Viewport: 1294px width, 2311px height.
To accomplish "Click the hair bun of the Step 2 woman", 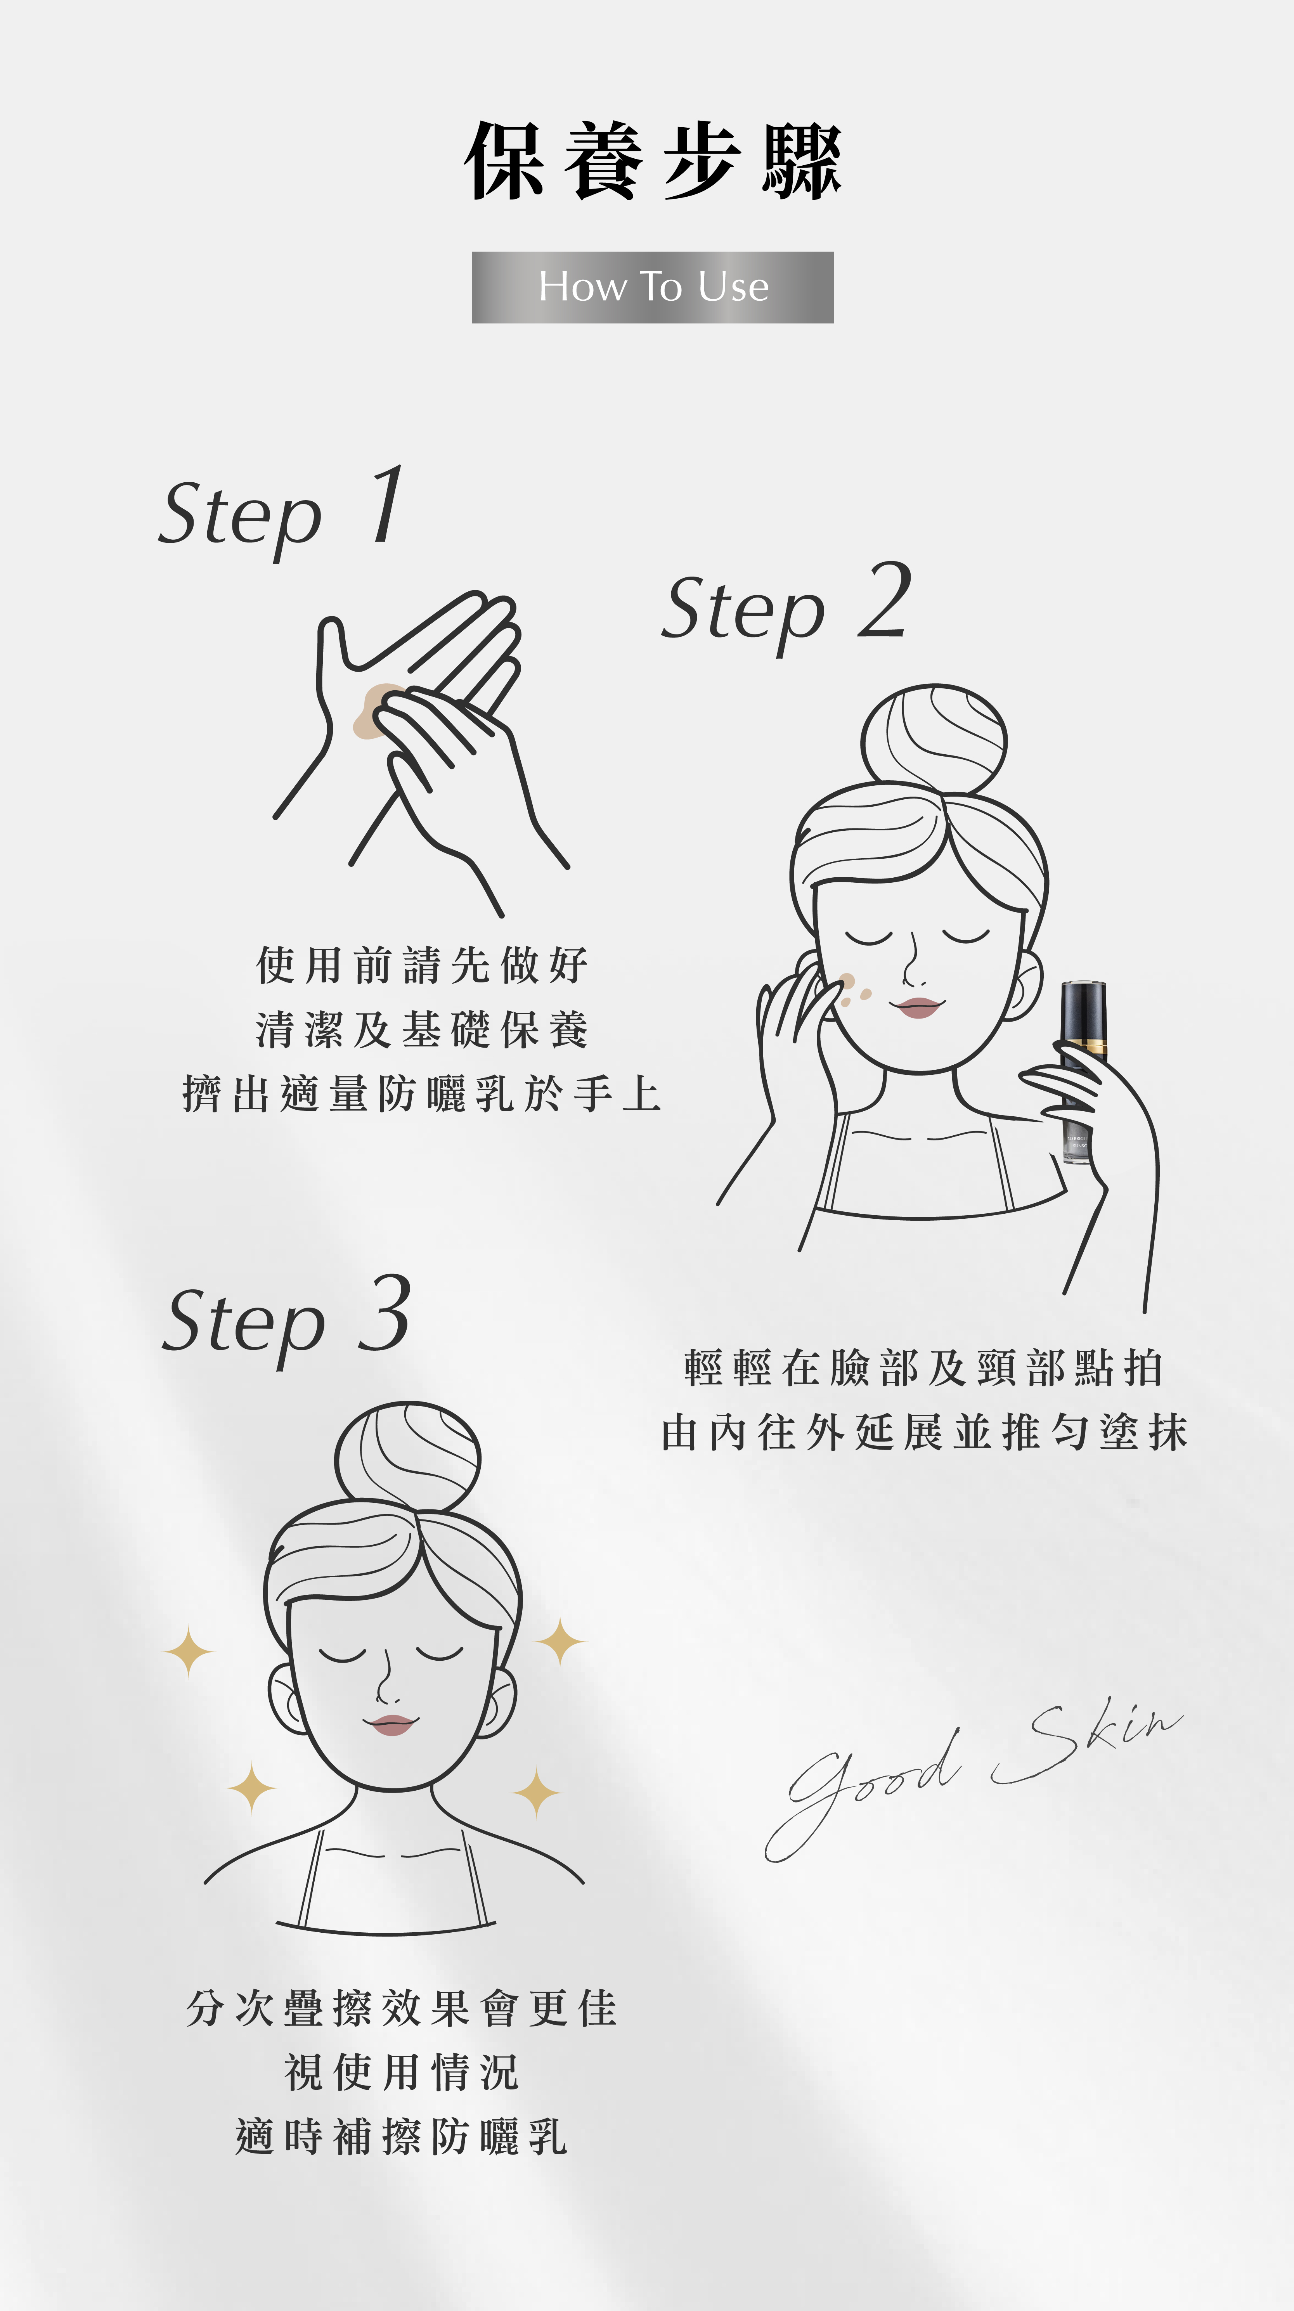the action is [933, 740].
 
